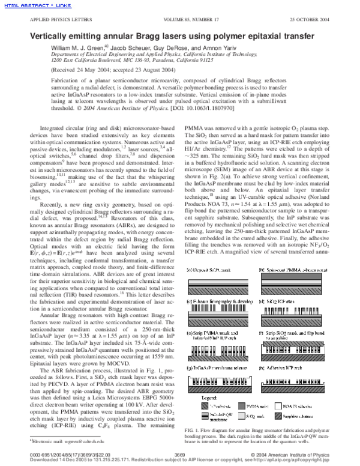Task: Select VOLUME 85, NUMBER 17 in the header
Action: pos(191,22)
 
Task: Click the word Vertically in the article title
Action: pos(50,37)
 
